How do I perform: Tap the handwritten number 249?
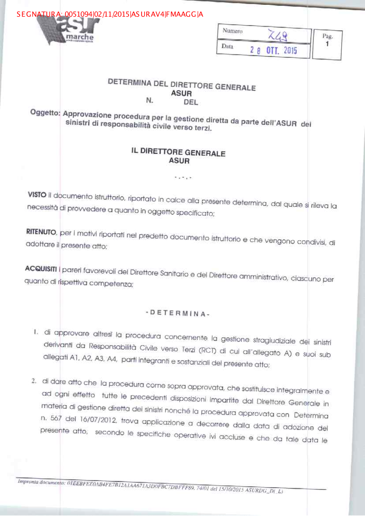tap(277, 35)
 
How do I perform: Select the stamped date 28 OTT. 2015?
tap(273, 50)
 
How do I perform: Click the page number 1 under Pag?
tap(327, 44)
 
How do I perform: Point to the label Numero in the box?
tap(233, 31)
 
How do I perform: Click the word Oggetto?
tap(45, 112)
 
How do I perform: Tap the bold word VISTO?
tap(37, 195)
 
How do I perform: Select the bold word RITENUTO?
tap(41, 232)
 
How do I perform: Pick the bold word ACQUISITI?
tap(41, 269)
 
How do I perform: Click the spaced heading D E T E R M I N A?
tap(178, 313)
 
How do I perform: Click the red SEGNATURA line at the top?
tap(109, 14)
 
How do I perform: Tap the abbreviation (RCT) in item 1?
tap(207, 351)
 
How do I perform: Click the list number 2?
tap(34, 381)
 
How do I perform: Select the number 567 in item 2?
tap(56, 418)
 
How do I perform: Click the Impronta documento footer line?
tap(150, 486)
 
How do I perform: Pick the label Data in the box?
tap(227, 46)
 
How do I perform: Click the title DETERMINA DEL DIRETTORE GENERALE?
tap(181, 85)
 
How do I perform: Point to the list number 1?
tap(36, 332)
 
